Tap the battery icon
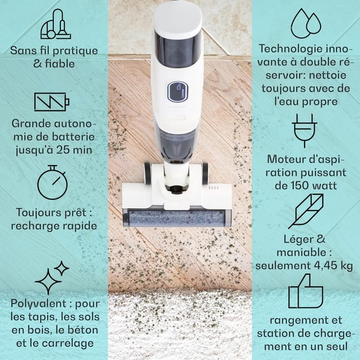[52, 102]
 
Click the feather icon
[305, 211]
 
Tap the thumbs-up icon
[306, 291]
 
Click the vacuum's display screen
[177, 92]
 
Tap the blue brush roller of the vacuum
[177, 218]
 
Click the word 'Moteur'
[287, 160]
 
